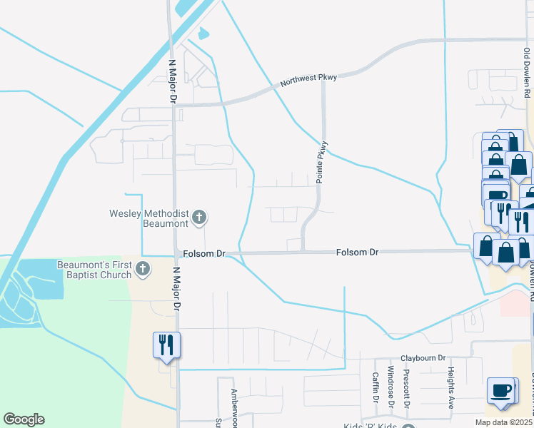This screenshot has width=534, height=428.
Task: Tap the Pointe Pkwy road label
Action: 322,161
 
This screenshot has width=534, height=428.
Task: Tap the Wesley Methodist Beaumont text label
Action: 148,218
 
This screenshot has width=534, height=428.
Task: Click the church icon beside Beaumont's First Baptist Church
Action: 143,269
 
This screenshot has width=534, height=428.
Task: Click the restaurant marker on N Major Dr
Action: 166,345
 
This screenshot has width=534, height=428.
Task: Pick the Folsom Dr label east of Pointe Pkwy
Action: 358,253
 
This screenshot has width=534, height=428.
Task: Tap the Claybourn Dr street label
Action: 422,357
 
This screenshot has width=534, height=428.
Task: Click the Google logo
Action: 24,419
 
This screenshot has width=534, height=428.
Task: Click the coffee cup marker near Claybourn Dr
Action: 502,391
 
